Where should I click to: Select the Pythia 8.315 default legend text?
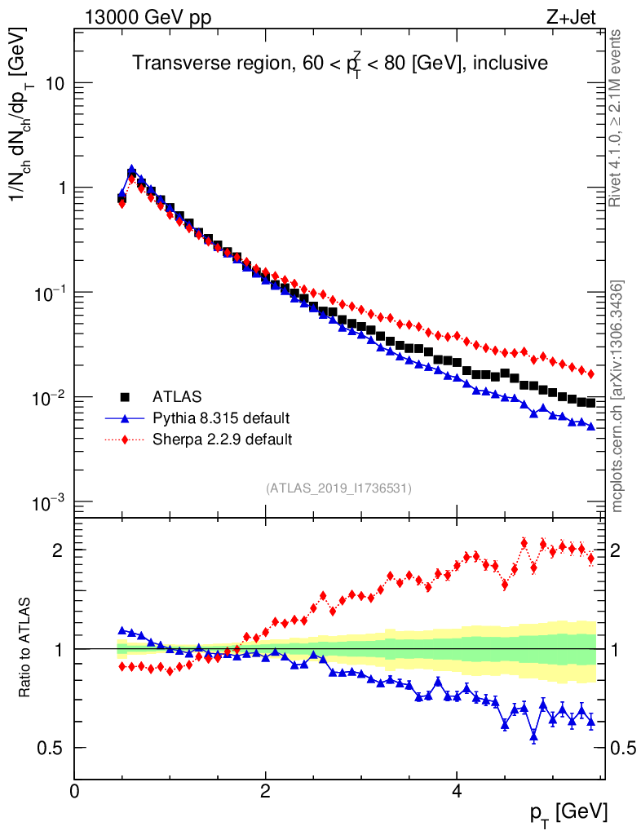(221, 418)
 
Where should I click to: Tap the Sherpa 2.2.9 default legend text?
(223, 440)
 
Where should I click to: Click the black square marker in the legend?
(126, 397)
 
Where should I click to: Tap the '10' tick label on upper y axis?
(53, 84)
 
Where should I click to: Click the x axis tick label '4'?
(457, 792)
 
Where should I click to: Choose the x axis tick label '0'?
(75, 792)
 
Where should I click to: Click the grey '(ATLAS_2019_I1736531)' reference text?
(338, 488)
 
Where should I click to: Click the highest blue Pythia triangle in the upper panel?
(132, 170)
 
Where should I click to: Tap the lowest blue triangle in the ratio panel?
(534, 736)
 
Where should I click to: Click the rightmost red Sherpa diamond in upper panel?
(591, 373)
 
